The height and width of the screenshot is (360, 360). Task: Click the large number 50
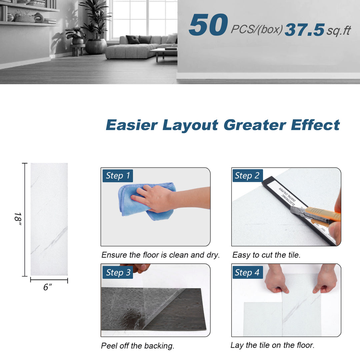(x=208, y=25)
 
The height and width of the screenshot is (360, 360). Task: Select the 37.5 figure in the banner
(x=305, y=30)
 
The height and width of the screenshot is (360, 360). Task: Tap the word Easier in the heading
(x=132, y=125)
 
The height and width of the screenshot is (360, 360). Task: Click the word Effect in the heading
(x=315, y=125)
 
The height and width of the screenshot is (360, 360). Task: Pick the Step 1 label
(x=118, y=176)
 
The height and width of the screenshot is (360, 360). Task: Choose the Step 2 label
(x=247, y=176)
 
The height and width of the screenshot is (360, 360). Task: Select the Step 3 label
(x=118, y=272)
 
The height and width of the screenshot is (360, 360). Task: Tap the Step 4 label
(x=247, y=272)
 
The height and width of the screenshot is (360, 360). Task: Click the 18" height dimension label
(x=17, y=219)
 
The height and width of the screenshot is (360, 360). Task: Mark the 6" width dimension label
(x=48, y=287)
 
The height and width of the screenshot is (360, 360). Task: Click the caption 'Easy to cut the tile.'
(x=266, y=255)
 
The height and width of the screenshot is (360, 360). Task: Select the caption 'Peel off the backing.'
(x=138, y=346)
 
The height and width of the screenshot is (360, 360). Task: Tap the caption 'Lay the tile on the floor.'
(x=272, y=345)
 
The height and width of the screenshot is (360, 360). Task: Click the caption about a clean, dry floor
(x=160, y=255)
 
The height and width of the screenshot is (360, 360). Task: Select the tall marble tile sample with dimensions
(x=49, y=219)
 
